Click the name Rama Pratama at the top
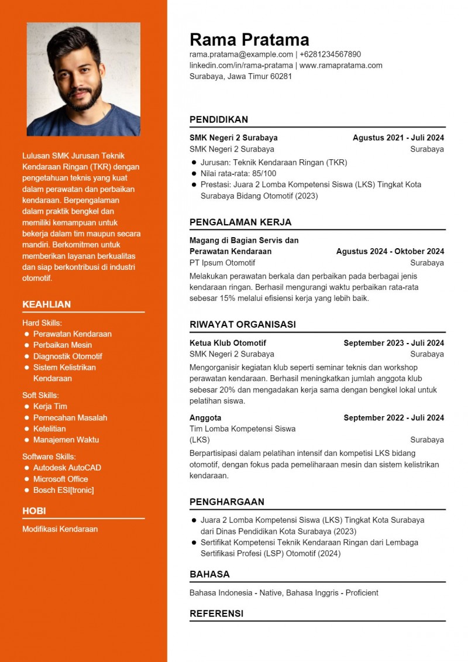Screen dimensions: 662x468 click(249, 39)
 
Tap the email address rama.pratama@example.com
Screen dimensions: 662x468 click(241, 54)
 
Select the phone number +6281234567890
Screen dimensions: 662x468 click(330, 54)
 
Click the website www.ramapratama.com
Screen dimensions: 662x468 click(340, 66)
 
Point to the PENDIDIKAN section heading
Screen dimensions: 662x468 click(219, 119)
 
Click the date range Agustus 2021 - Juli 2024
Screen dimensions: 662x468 click(398, 138)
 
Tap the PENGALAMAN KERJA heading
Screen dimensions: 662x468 click(240, 222)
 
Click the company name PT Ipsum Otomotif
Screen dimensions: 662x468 click(222, 263)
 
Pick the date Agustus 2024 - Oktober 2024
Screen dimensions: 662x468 click(390, 252)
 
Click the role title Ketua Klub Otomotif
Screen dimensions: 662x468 click(228, 343)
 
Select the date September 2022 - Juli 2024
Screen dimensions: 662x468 click(393, 418)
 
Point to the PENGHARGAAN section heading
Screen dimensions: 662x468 click(227, 502)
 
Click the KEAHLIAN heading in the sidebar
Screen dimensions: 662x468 click(46, 304)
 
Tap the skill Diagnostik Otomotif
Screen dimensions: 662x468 click(67, 356)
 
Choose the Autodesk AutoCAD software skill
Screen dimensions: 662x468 click(67, 468)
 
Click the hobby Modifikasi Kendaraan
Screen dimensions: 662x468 click(60, 529)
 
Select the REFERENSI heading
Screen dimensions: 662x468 click(216, 613)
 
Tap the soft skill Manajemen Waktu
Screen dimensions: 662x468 click(66, 440)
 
